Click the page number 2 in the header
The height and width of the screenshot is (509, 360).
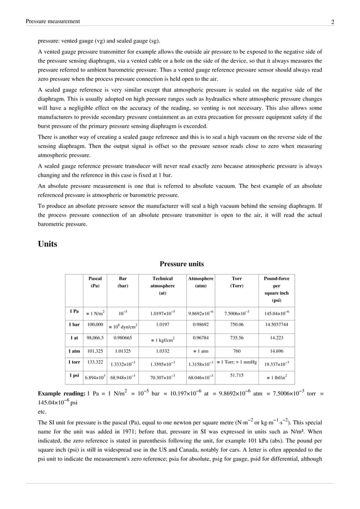coord(333,22)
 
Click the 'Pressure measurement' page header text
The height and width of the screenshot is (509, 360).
coord(52,21)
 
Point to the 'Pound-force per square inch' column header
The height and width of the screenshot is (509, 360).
coord(276,289)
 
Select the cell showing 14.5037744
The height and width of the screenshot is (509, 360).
coord(276,325)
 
